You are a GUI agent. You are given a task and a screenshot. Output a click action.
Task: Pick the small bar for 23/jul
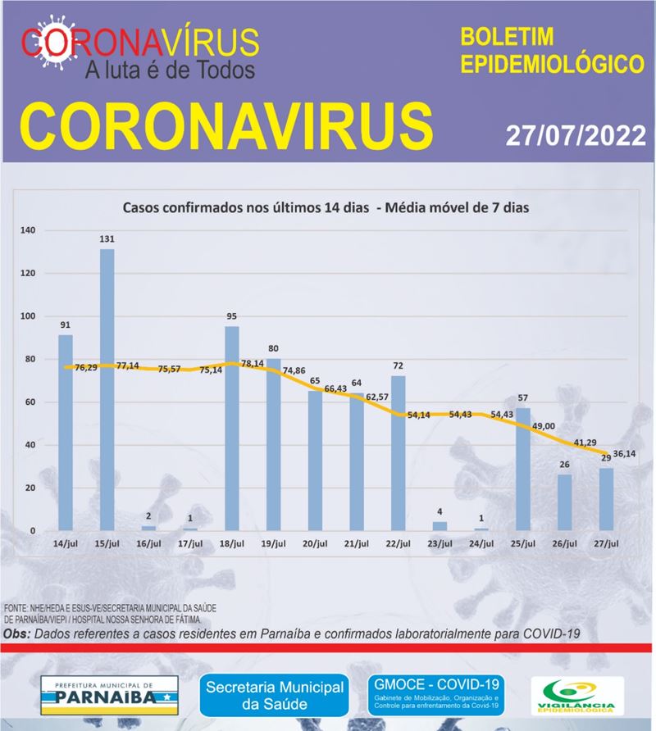440,526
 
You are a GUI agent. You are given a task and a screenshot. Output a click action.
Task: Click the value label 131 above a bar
107,239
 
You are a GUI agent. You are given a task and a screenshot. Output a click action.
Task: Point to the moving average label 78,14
253,362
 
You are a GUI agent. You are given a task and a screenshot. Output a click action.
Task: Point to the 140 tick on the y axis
27,231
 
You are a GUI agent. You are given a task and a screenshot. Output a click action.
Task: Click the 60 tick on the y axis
29,402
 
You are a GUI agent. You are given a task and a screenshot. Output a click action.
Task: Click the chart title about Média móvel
326,208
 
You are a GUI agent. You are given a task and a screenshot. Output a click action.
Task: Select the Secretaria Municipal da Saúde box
276,693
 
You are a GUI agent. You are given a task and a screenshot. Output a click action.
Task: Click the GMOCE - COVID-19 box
435,693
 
